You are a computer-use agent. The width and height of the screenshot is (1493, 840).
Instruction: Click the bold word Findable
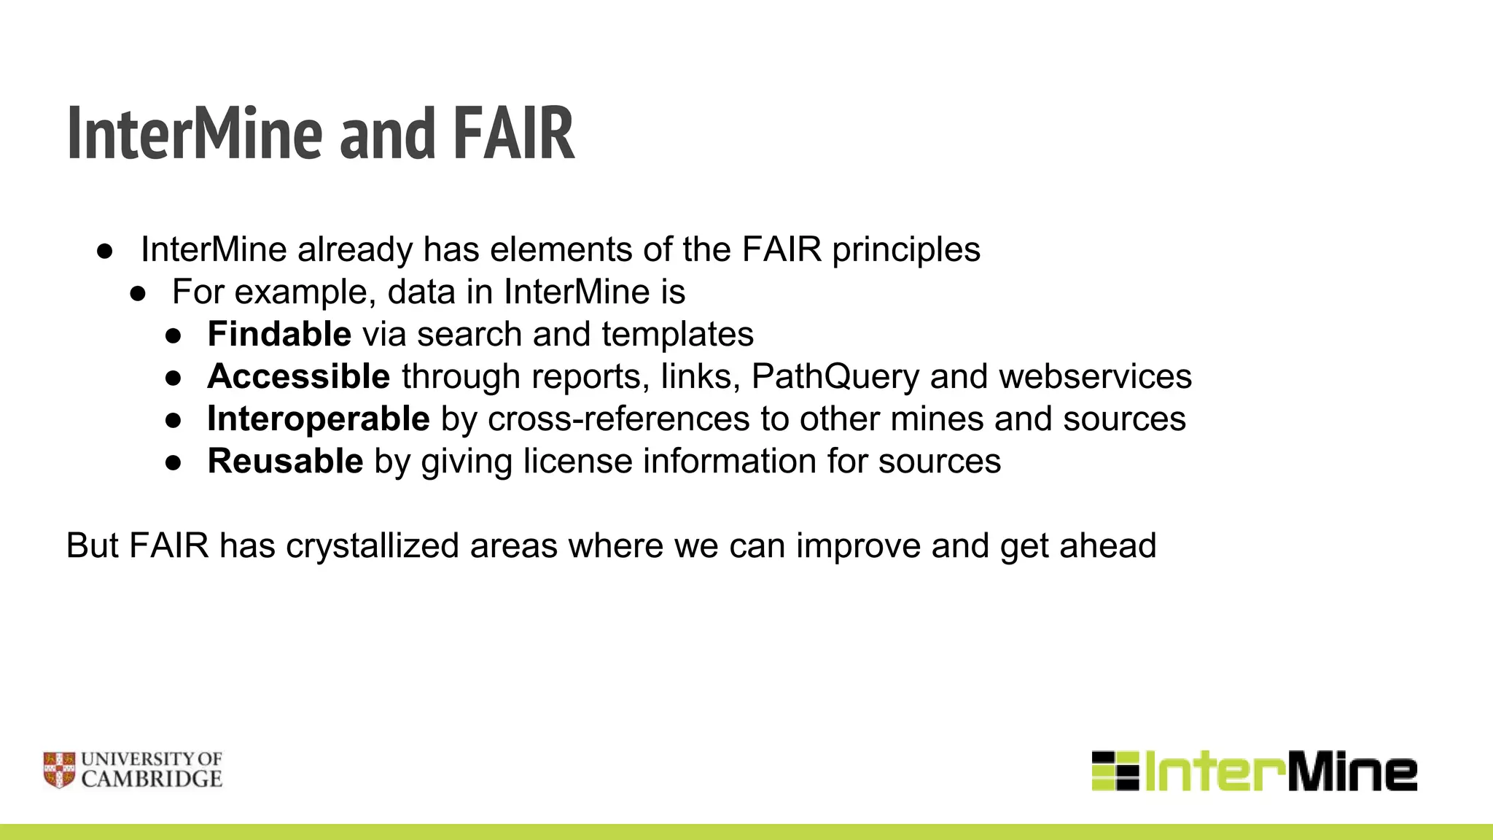[279, 334]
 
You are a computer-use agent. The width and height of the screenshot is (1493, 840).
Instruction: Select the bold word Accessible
[299, 376]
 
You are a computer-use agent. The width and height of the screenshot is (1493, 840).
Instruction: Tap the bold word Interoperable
[319, 419]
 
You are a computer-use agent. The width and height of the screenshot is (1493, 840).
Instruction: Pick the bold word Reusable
[285, 461]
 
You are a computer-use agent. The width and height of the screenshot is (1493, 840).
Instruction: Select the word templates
[677, 334]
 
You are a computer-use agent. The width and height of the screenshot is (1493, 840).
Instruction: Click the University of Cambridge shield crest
[59, 770]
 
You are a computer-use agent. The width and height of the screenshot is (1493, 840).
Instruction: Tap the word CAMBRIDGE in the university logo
[152, 779]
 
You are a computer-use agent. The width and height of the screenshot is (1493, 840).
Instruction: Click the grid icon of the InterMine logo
[1115, 771]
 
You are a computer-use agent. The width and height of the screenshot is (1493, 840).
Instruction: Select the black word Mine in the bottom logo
[1352, 771]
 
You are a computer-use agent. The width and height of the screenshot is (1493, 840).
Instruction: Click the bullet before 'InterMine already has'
[105, 251]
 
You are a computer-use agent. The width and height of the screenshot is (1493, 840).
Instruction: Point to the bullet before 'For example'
[138, 293]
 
